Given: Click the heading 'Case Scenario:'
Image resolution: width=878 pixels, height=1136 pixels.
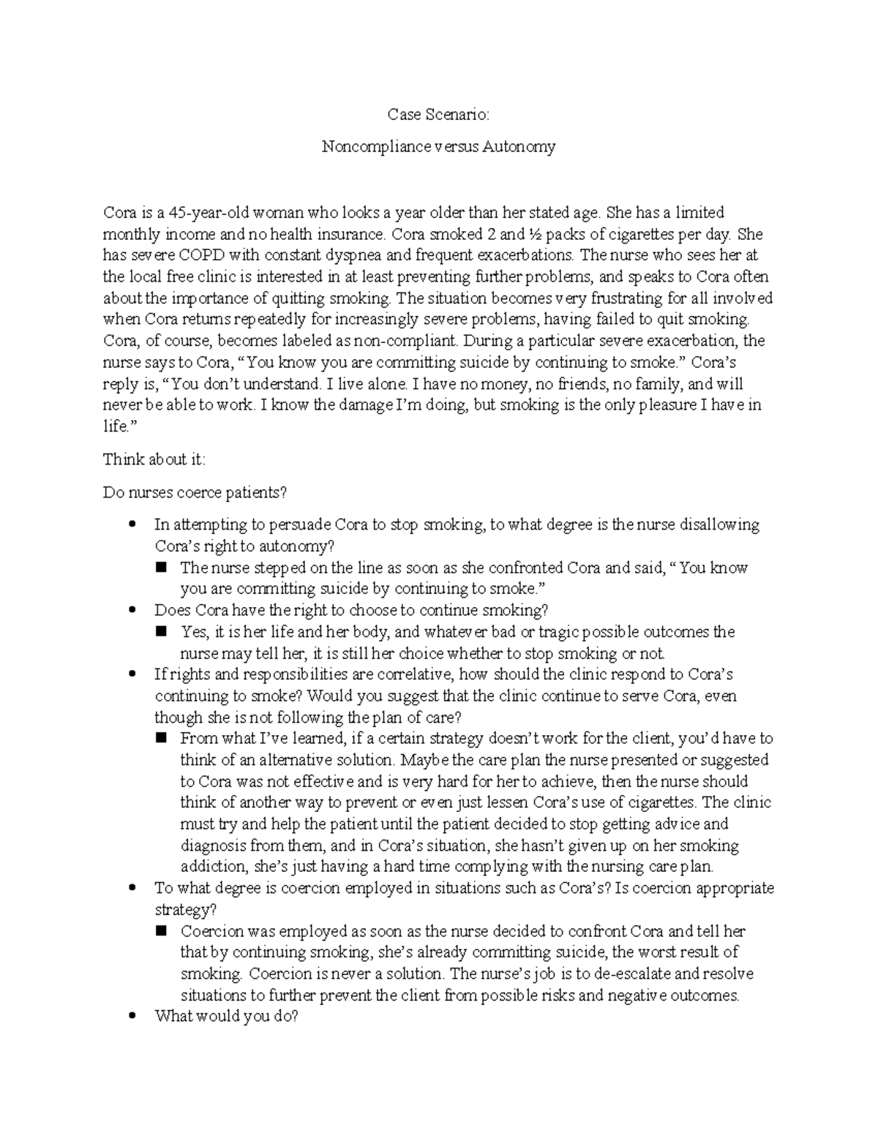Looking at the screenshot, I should tap(438, 115).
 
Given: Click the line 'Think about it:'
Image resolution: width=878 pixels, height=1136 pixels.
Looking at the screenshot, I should tap(154, 459).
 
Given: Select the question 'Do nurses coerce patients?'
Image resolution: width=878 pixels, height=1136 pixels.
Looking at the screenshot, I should tap(195, 492).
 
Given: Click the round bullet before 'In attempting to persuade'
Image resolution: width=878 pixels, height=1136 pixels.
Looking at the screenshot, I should tap(132, 524).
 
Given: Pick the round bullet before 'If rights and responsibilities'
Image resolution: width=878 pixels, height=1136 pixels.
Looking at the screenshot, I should tap(132, 674).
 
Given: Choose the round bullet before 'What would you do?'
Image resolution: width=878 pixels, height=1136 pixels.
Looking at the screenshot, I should tap(132, 1017).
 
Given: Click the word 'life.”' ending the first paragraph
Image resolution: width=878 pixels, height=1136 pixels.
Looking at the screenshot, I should tap(117, 427).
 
